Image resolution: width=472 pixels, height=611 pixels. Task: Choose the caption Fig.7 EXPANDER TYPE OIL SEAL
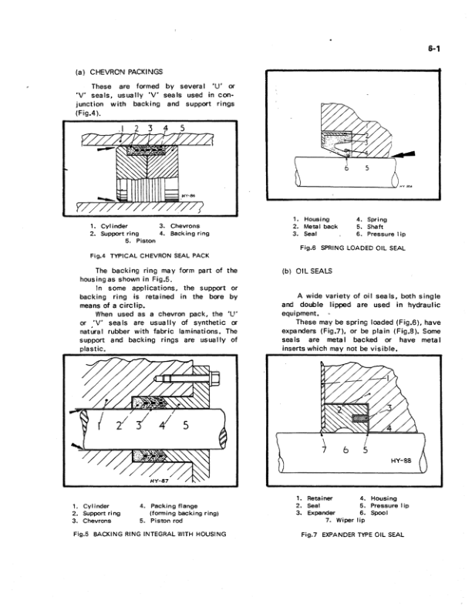tap(351, 535)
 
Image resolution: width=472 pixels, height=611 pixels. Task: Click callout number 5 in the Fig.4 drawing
tap(182, 127)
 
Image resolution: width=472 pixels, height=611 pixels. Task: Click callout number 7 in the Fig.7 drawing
tap(325, 449)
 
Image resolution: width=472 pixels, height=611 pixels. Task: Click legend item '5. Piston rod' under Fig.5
tap(165, 521)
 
